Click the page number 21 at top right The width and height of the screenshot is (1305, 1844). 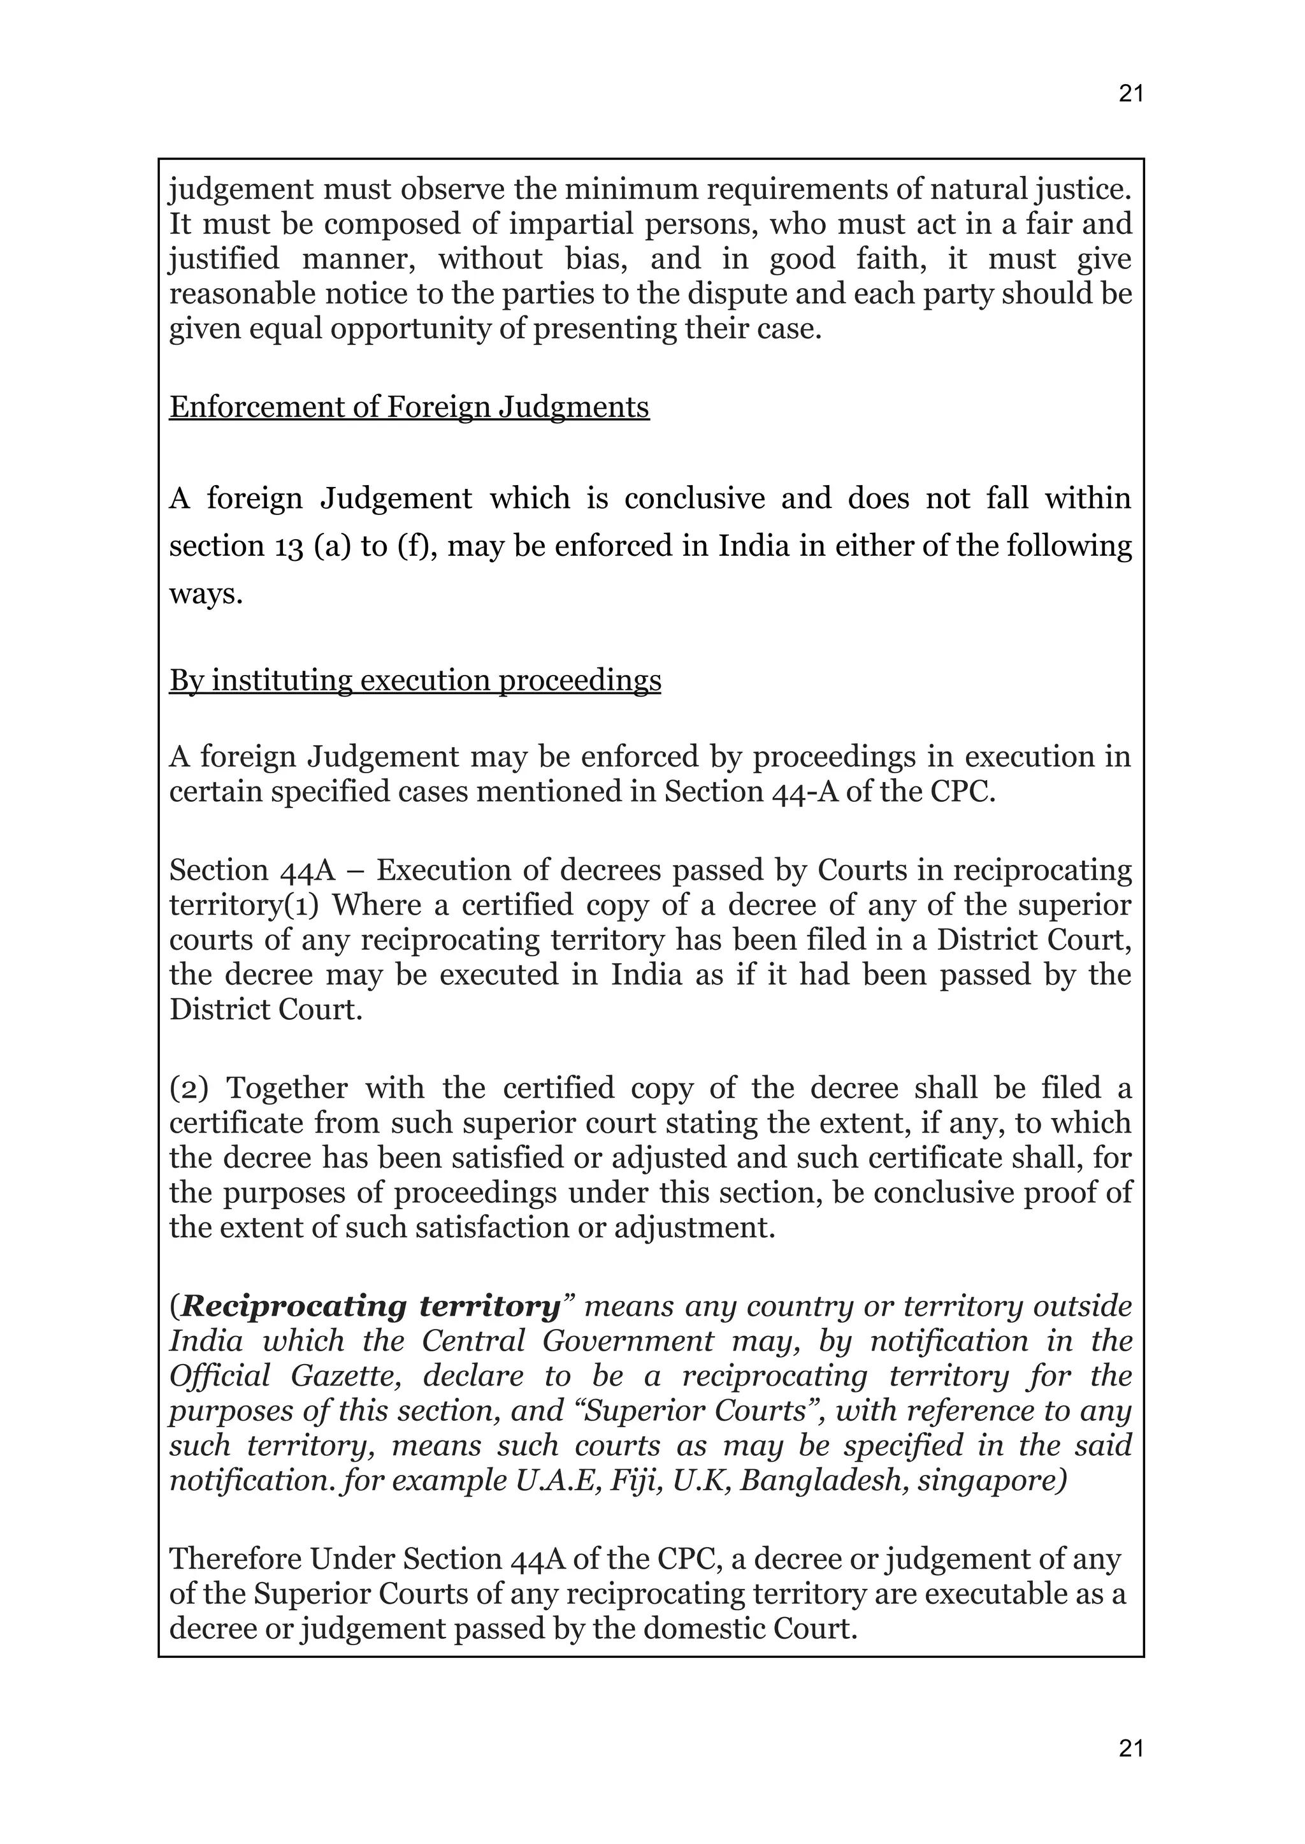[1130, 94]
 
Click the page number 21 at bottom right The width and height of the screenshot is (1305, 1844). [1130, 1748]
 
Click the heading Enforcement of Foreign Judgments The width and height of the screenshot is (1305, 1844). [408, 407]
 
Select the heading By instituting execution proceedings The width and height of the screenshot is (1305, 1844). [415, 680]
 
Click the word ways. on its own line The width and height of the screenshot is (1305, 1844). [206, 594]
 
